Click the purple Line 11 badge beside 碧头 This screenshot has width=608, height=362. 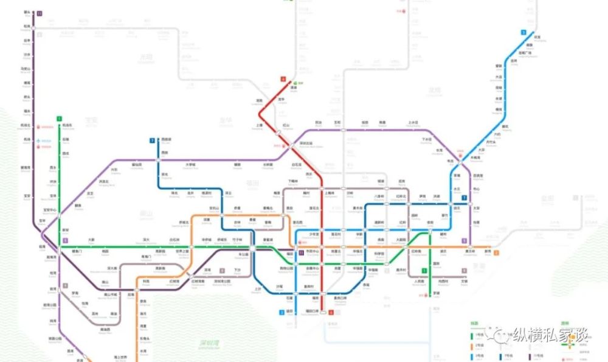40,13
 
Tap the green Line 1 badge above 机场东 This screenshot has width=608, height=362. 59,118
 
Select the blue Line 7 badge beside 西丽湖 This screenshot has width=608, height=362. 152,140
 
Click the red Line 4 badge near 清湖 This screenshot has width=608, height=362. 283,78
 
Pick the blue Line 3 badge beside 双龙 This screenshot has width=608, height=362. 523,32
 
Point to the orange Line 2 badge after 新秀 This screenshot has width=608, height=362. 496,252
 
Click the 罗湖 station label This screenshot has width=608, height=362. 436,294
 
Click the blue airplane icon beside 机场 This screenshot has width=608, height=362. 38,141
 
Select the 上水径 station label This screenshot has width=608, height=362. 413,122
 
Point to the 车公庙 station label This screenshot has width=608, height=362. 244,254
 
